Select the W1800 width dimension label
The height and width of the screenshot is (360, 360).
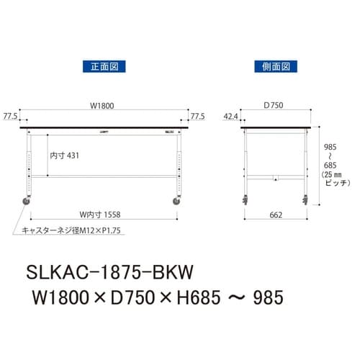pyautogui.click(x=102, y=106)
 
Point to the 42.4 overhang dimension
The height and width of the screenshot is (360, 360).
pyautogui.click(x=231, y=115)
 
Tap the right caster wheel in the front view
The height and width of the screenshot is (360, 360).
pyautogui.click(x=176, y=202)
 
